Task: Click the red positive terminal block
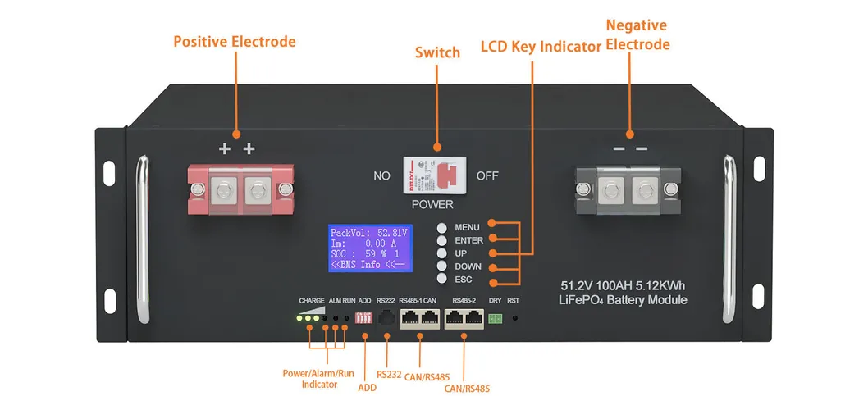238,191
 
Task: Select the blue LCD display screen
368,248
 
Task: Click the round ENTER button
442,240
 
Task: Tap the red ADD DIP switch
364,318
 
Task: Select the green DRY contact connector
495,318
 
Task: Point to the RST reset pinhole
514,317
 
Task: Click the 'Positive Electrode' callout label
235,41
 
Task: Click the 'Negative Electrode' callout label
637,34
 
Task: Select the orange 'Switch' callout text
437,52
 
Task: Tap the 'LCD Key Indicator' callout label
541,48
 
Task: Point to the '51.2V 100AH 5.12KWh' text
624,286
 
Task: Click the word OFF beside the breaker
487,175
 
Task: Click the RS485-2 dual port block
464,319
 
